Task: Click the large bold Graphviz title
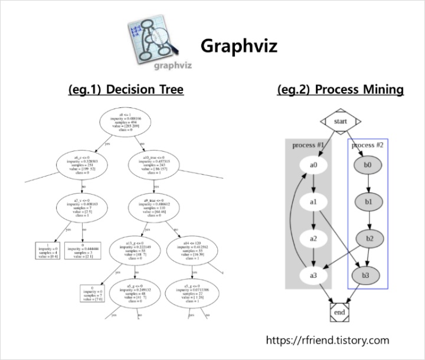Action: [x=238, y=45]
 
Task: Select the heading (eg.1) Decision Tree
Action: [x=126, y=90]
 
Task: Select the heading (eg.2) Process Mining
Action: [x=340, y=90]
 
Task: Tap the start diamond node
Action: [x=341, y=122]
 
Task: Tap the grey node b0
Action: [x=368, y=165]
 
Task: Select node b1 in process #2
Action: [x=368, y=202]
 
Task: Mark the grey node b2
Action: [x=368, y=238]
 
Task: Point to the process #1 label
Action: [x=308, y=145]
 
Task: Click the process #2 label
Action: [x=367, y=145]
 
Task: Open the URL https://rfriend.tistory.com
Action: [x=328, y=340]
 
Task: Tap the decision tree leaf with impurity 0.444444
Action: [x=82, y=249]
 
